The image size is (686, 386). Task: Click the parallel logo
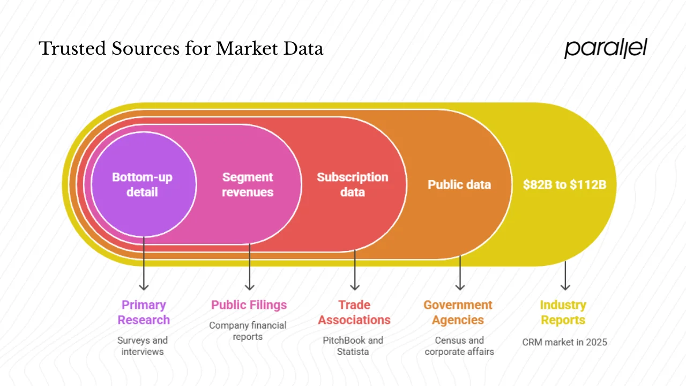[606, 49]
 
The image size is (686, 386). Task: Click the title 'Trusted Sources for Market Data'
[181, 49]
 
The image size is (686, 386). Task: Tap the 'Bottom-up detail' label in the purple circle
[142, 184]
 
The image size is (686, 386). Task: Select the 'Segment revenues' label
[248, 184]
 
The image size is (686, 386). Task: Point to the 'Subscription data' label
[352, 184]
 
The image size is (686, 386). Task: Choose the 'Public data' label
[459, 185]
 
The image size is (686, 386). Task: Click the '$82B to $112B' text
[565, 185]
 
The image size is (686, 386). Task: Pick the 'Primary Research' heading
[144, 312]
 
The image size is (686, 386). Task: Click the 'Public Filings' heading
[249, 305]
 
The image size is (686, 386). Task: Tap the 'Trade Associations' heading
[354, 312]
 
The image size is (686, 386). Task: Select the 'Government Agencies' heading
[458, 312]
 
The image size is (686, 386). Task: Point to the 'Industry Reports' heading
[563, 312]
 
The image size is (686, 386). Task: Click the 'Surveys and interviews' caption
[143, 346]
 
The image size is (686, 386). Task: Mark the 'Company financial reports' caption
[248, 331]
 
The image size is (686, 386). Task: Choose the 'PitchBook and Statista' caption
[353, 346]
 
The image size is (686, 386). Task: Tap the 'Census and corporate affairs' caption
[459, 346]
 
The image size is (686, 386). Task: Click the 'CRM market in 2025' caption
[564, 342]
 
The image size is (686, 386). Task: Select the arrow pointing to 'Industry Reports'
[565, 276]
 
